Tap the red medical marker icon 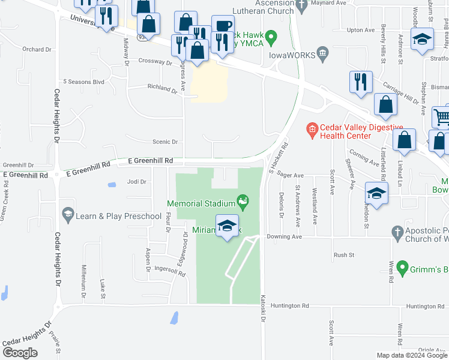point(312,128)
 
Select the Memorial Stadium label point(200,203)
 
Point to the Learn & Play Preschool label point(118,216)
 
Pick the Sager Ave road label point(290,176)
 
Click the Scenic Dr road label point(166,142)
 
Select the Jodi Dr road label point(137,181)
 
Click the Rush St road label point(344,255)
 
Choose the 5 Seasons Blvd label point(84,82)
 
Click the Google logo point(20,353)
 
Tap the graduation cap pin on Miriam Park point(227,226)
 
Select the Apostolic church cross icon point(397,231)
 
